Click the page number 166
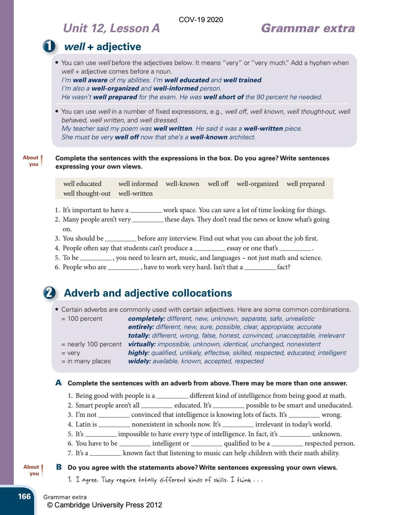tap(24, 497)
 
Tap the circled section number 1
tap(49, 46)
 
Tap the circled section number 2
tap(49, 293)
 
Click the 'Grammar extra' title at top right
tap(308, 28)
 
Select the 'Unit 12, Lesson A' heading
tap(111, 28)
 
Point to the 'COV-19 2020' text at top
tap(201, 20)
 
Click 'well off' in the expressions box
tap(218, 184)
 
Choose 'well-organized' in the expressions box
tap(257, 184)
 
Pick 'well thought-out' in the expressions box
tap(87, 193)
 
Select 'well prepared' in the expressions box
tap(305, 184)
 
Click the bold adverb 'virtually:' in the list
tap(142, 344)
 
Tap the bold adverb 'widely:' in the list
tap(139, 361)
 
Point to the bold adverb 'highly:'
tap(139, 353)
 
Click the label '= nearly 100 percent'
tap(91, 344)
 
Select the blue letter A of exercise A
tap(59, 383)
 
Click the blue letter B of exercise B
tap(59, 467)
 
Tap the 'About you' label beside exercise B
tap(32, 470)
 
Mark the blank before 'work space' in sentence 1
tap(146, 210)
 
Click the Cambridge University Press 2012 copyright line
tap(105, 505)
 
